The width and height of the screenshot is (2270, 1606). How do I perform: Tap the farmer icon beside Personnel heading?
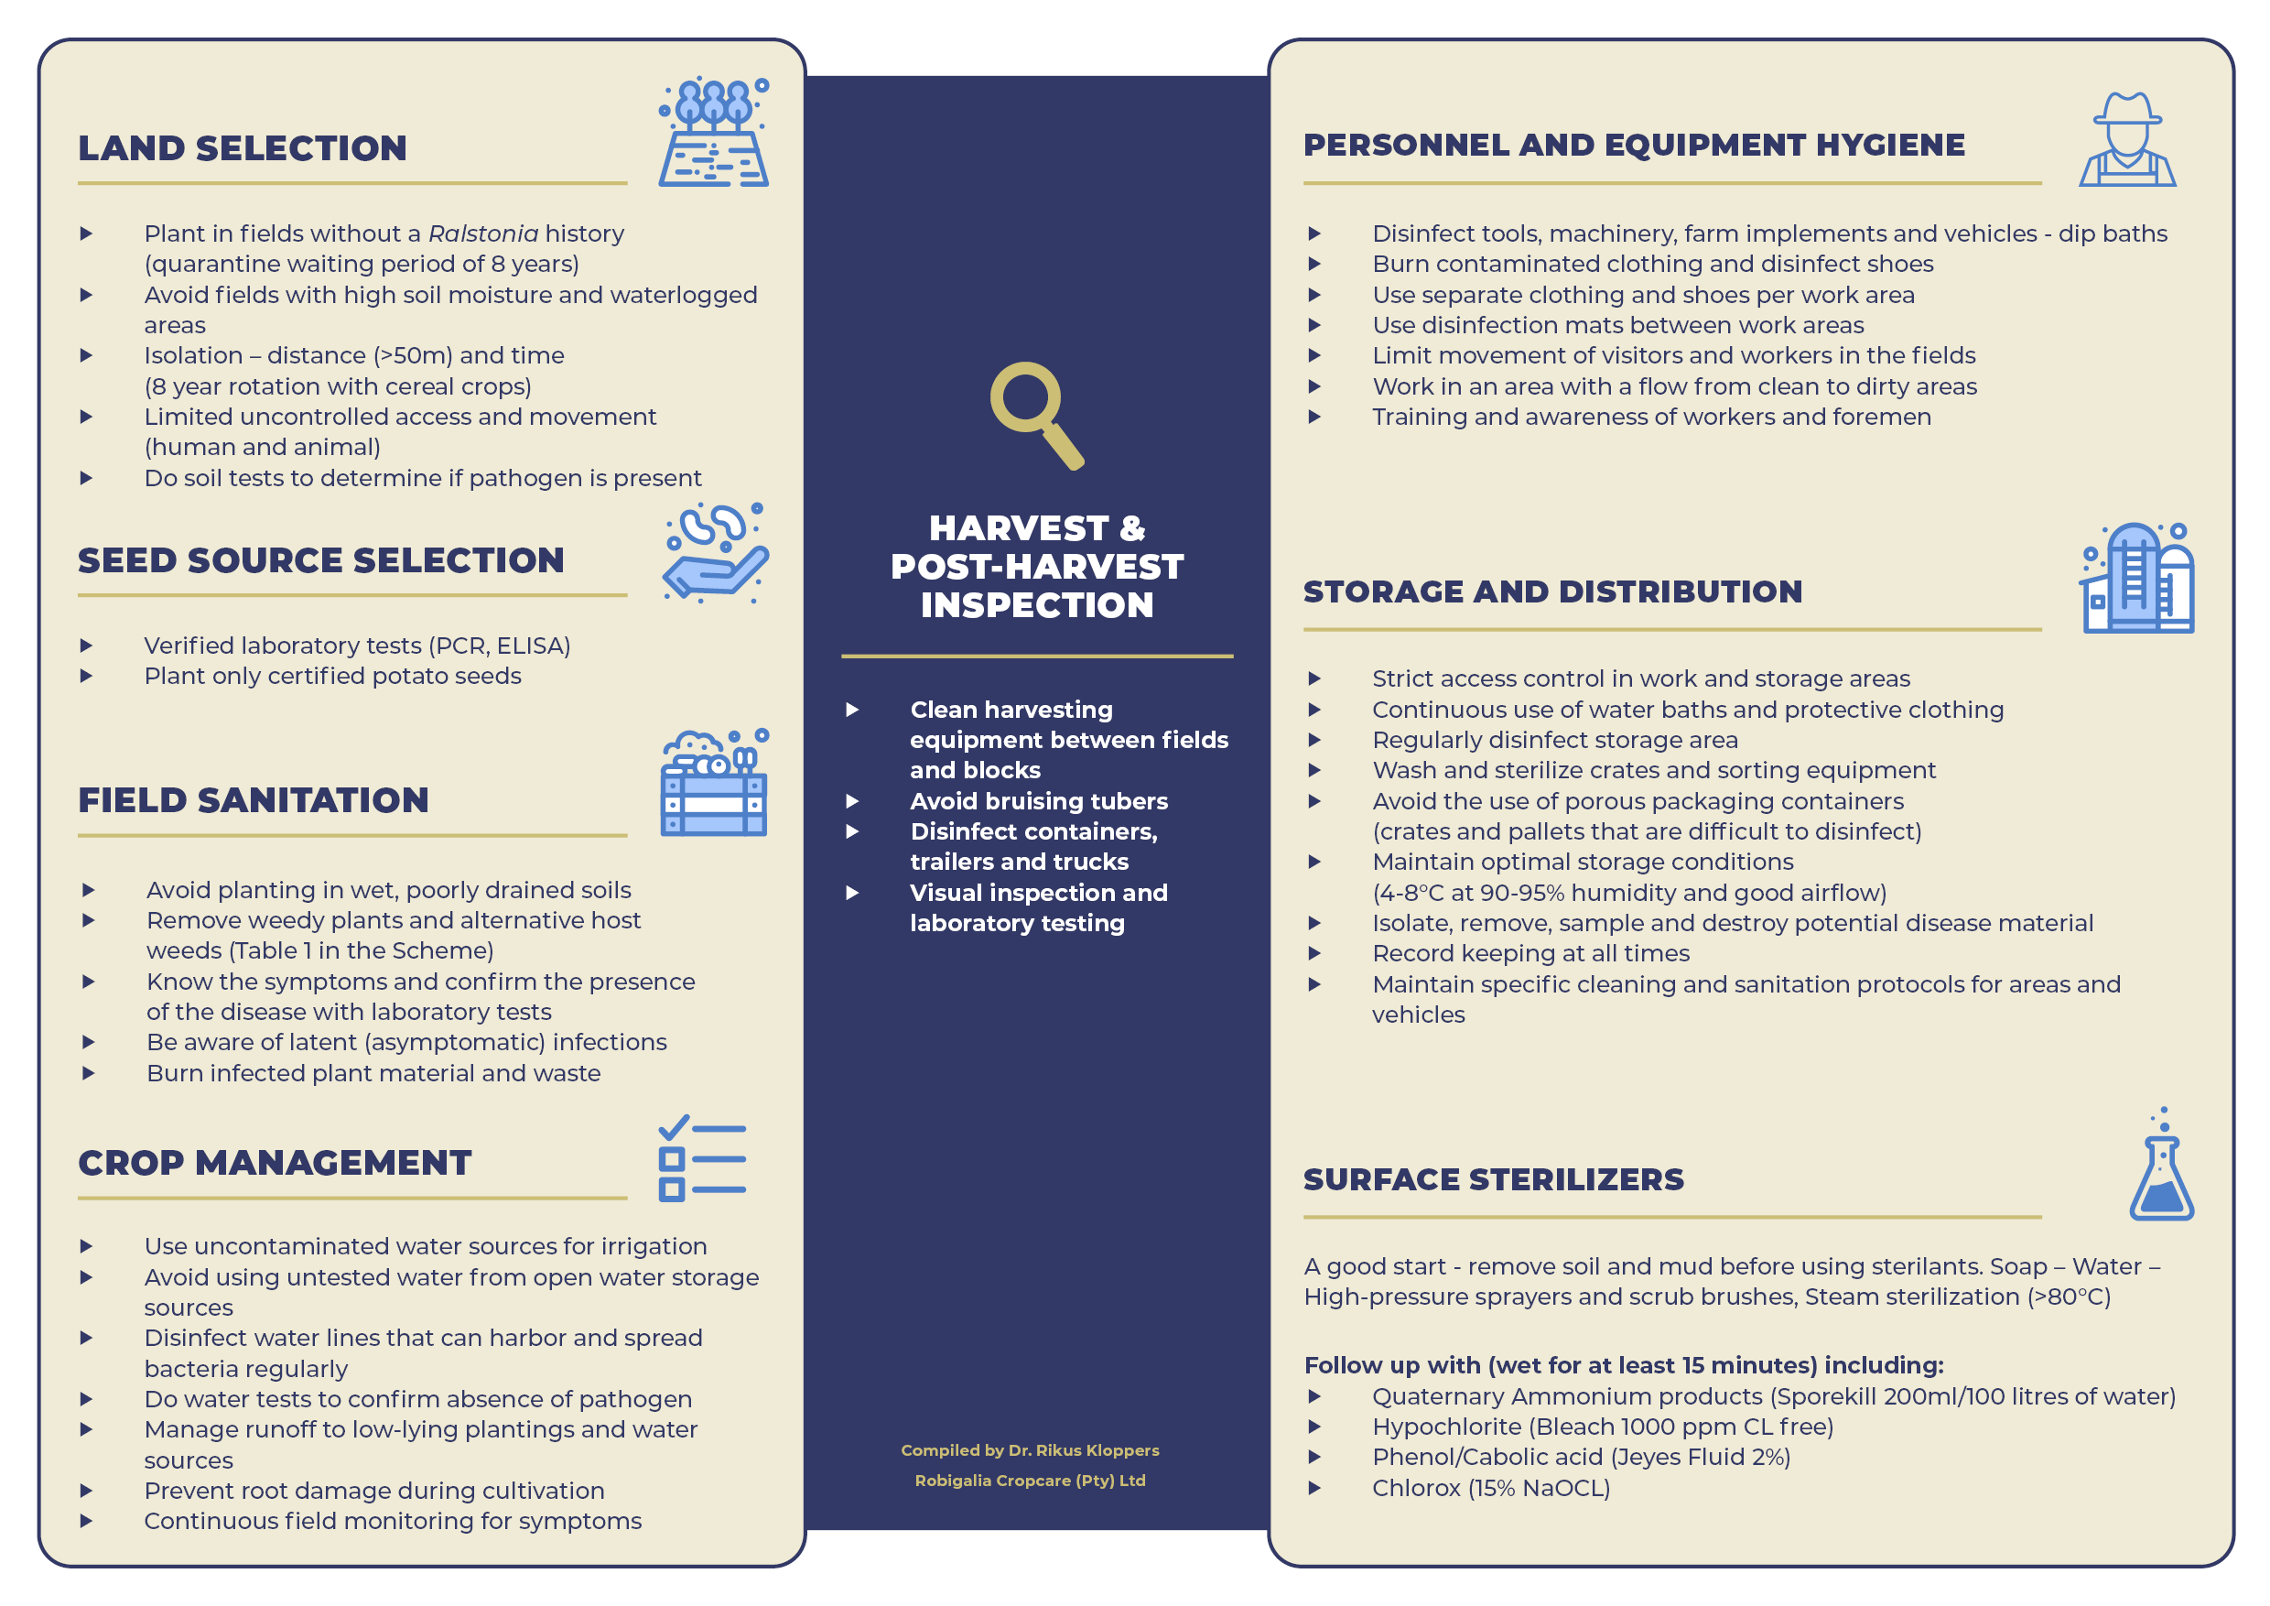click(x=2125, y=139)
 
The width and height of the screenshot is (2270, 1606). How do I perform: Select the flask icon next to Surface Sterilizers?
click(x=2161, y=1167)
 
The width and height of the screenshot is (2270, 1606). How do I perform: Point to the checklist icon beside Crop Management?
click(x=701, y=1158)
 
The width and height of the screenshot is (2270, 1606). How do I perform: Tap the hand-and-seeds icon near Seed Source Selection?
click(x=715, y=553)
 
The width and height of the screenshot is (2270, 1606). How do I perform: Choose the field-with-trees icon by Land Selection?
click(x=714, y=133)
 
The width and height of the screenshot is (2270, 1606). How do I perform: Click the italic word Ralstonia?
click(x=482, y=234)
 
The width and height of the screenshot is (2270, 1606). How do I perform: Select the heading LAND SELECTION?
click(x=243, y=148)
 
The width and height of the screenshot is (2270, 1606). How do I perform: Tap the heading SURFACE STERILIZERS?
click(x=1493, y=1179)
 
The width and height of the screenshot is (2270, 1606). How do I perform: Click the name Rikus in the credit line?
click(x=1058, y=1450)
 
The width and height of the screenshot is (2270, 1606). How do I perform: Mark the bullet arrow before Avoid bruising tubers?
click(x=852, y=802)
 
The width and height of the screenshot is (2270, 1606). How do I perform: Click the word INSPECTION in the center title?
click(x=1036, y=605)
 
